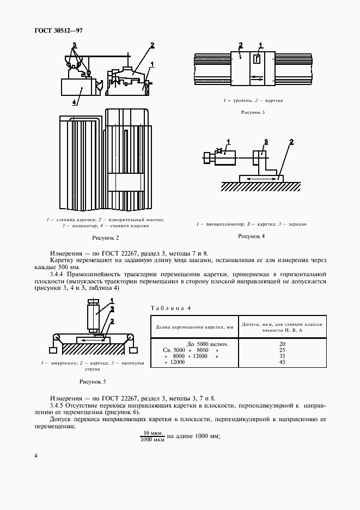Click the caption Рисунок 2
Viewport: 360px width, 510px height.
click(106, 238)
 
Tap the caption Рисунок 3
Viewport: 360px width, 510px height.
click(253, 113)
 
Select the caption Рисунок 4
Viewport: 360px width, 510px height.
click(252, 236)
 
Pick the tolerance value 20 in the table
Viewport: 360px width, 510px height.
click(282, 344)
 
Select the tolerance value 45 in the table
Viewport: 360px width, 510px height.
click(282, 362)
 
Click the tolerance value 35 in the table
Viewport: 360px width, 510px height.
click(282, 356)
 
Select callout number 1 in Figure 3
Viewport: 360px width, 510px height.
click(260, 45)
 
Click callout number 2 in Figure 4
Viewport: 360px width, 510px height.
click(291, 142)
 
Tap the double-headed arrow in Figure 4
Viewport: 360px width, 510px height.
click(260, 178)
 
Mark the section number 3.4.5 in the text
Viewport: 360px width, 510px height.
click(58, 406)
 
